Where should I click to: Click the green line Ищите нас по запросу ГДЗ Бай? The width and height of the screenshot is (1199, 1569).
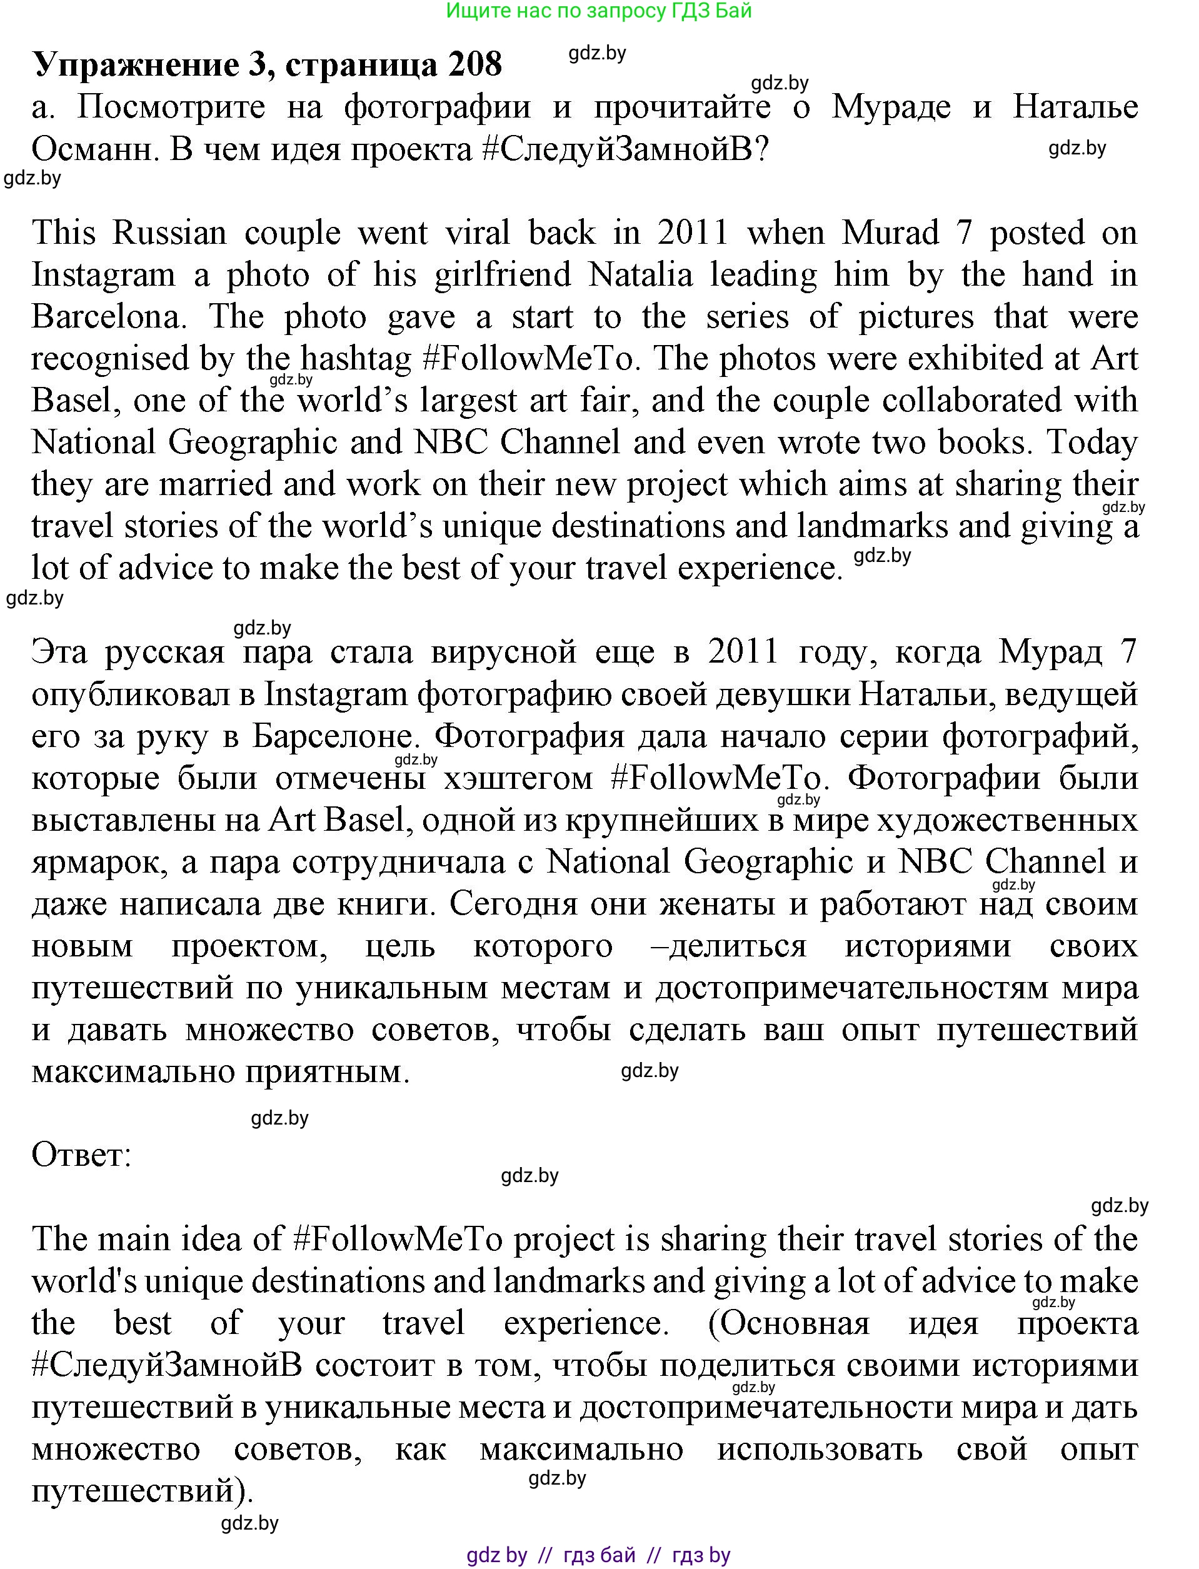click(599, 11)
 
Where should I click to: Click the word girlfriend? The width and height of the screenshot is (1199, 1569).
click(503, 276)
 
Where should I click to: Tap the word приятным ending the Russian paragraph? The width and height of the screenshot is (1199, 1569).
click(328, 1073)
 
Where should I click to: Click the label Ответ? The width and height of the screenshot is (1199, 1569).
click(81, 1156)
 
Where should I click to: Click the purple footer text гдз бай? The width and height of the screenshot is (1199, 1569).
click(599, 1555)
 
